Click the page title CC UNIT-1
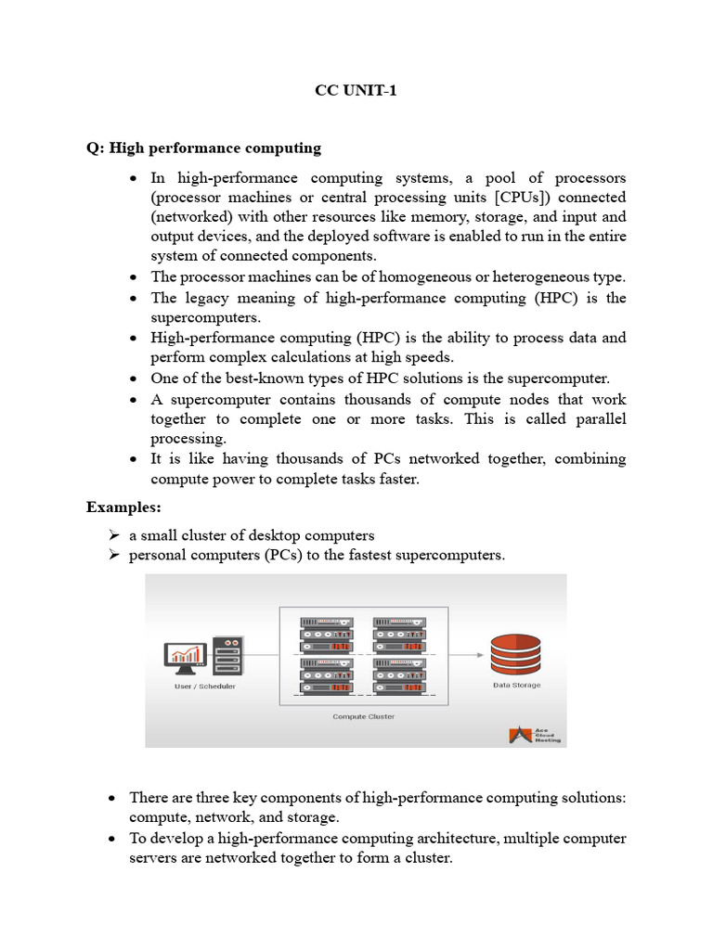click(x=356, y=92)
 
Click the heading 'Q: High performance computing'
click(x=203, y=148)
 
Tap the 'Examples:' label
click(x=123, y=507)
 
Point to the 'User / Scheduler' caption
click(x=204, y=687)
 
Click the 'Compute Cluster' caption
click(x=364, y=717)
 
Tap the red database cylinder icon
click(x=515, y=655)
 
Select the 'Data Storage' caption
click(x=516, y=686)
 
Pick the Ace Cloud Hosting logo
click(x=535, y=735)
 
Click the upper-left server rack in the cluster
click(x=326, y=635)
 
